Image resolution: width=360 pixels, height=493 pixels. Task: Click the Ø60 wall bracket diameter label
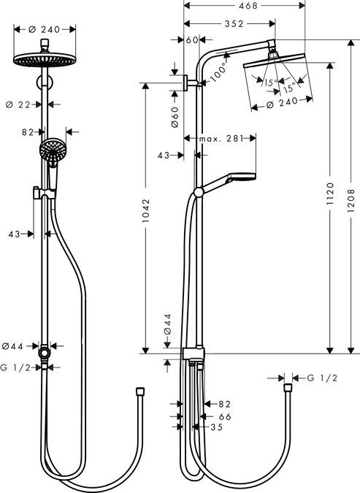(175, 117)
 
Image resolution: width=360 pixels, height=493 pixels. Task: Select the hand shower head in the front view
(51, 150)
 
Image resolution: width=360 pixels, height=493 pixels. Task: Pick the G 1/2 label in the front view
(16, 368)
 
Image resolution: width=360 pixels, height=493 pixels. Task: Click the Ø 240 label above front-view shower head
(45, 30)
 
